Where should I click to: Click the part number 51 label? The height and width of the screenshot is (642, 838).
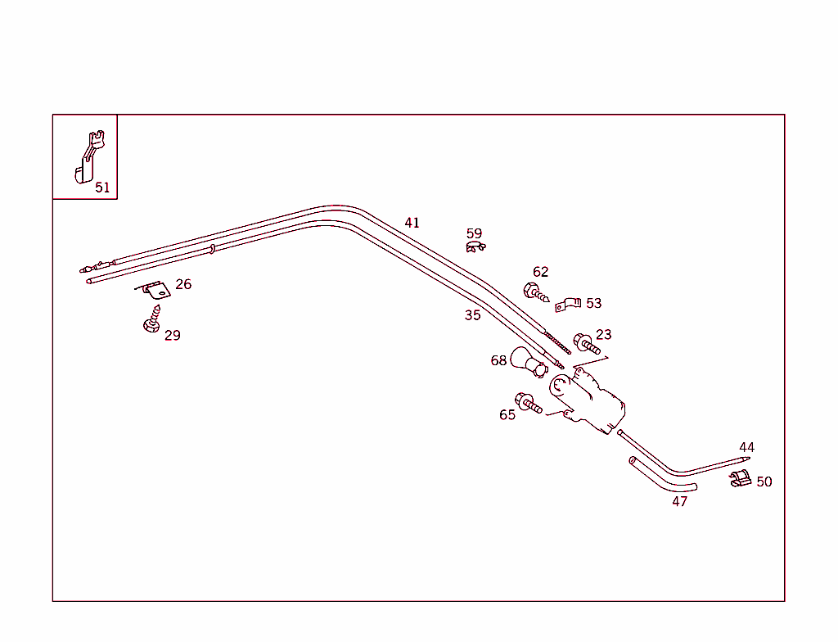click(102, 188)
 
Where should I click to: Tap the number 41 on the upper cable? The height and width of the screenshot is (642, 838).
click(412, 223)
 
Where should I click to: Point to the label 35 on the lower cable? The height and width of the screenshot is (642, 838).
click(472, 315)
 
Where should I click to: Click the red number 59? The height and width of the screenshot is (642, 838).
click(475, 234)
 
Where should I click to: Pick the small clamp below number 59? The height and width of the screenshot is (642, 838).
click(475, 247)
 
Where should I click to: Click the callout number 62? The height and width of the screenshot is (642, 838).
click(540, 272)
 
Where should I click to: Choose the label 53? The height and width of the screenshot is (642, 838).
click(593, 304)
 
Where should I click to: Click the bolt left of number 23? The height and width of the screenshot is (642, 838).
click(586, 343)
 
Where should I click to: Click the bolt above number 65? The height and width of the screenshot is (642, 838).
click(528, 402)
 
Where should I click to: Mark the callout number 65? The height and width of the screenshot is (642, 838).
click(507, 415)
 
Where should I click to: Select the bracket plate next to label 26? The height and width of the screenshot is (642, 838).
click(153, 289)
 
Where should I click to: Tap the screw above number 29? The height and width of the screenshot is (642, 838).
click(152, 319)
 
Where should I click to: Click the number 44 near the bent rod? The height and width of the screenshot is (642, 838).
click(746, 448)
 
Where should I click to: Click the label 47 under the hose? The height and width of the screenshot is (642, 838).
click(680, 502)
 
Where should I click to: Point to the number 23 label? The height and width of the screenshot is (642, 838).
click(603, 334)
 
